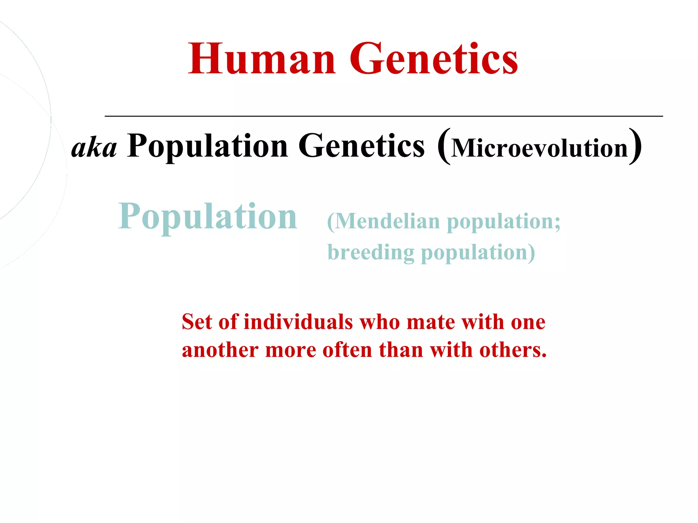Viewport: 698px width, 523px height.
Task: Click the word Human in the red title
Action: pos(262,59)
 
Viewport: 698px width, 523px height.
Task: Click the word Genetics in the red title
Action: pos(434,59)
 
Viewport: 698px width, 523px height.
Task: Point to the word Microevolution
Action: pos(539,148)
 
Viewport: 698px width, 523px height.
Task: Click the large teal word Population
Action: pos(208,217)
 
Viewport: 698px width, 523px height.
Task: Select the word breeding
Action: pos(371,253)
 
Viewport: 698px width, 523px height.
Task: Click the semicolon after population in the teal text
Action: pos(557,223)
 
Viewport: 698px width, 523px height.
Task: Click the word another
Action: pos(220,350)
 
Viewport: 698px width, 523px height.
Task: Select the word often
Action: pos(347,350)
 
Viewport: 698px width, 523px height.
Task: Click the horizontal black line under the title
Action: pos(383,116)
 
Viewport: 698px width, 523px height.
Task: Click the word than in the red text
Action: pos(401,350)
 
